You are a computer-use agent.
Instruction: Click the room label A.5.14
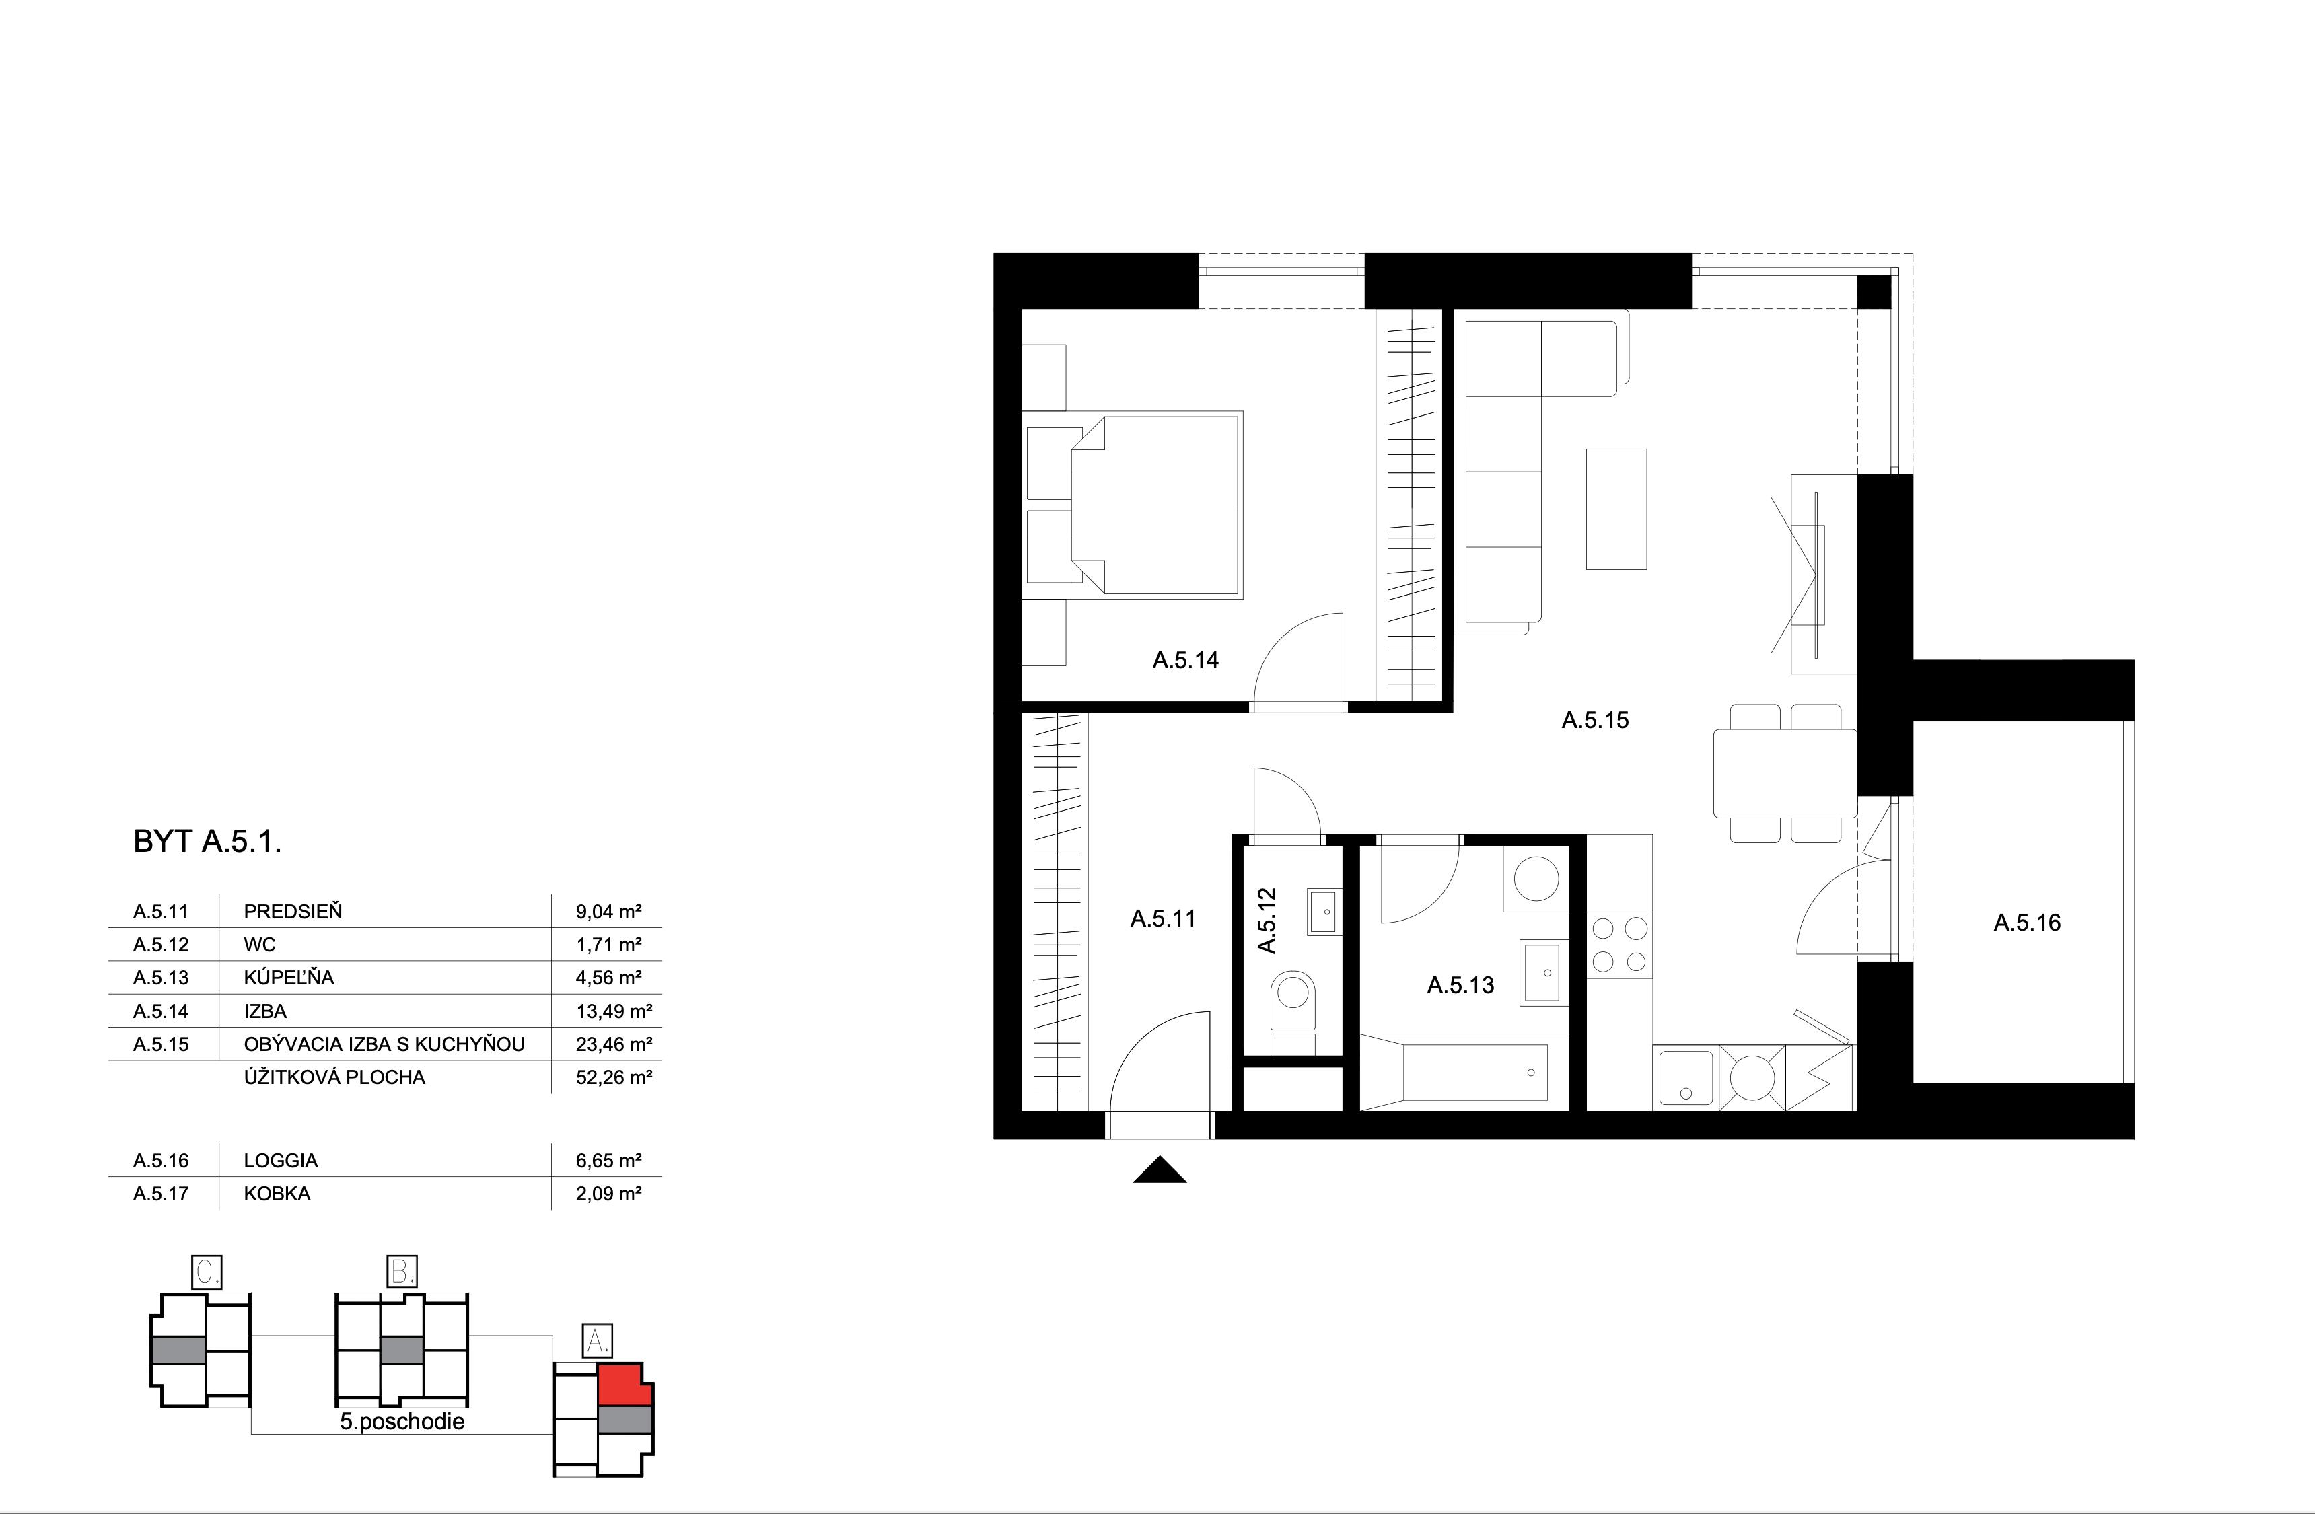pos(1184,660)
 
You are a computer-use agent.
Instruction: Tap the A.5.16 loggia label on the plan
pos(2027,922)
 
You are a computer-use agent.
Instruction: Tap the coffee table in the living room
pos(1616,509)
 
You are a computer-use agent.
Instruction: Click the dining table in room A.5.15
pos(1785,773)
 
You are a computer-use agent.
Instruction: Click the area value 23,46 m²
pos(613,1044)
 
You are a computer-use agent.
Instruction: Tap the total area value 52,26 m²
pos(613,1077)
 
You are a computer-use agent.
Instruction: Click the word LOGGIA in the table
pos(281,1161)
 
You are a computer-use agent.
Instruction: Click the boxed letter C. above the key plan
pos(207,1272)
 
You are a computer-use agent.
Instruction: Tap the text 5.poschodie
pos(402,1422)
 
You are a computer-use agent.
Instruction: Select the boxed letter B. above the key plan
pos(402,1272)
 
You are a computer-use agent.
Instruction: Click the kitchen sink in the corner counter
pos(1684,1077)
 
